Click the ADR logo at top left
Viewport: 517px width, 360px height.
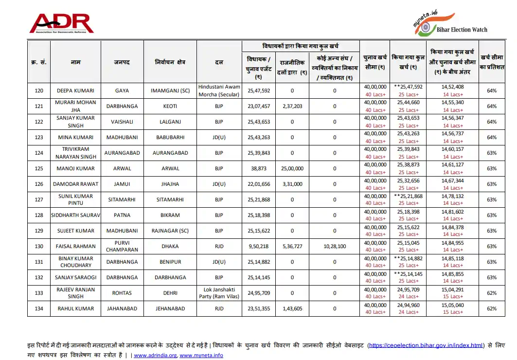[x=61, y=23]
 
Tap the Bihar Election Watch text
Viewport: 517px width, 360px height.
[x=462, y=30]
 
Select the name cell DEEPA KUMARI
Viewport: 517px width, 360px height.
[x=75, y=90]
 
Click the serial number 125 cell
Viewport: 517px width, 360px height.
[x=39, y=168]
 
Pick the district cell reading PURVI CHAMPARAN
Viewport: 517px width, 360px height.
[x=122, y=246]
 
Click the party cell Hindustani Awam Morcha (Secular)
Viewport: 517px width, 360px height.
[x=219, y=90]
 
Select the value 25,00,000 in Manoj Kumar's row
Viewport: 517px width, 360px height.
[x=292, y=168]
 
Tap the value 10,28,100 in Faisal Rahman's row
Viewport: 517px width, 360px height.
[x=335, y=246]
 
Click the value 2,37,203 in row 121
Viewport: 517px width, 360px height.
[x=292, y=106]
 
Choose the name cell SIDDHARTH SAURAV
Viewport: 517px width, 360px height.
[x=75, y=215]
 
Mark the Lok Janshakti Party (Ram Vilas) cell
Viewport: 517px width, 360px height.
[x=219, y=293]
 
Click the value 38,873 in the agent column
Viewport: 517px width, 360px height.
[x=259, y=168]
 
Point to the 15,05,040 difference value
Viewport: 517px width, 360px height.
[x=453, y=305]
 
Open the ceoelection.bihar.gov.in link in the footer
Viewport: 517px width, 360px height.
[x=426, y=345]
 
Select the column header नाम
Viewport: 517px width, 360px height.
[x=75, y=62]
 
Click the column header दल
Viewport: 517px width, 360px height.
[x=219, y=62]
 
